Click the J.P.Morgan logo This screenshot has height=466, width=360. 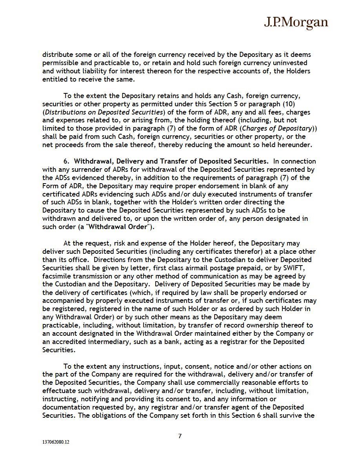296,23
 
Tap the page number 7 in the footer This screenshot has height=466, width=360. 180,436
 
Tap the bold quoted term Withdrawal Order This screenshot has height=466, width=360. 125,227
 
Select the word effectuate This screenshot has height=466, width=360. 60,390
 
